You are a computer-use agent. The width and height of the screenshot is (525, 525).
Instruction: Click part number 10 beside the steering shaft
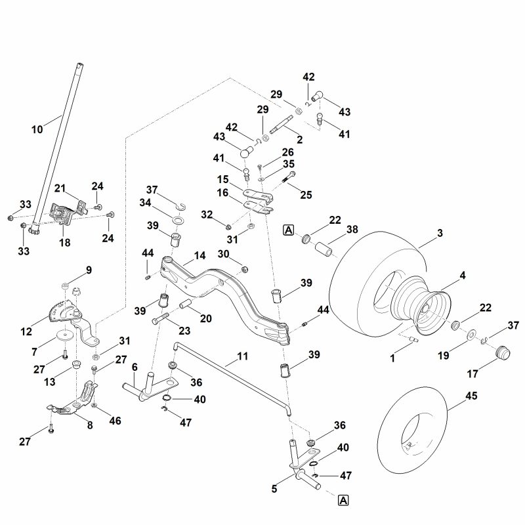coord(37,130)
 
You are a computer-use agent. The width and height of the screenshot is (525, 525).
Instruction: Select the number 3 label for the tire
coord(440,233)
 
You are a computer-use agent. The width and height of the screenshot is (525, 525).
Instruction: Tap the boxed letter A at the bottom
coord(344,501)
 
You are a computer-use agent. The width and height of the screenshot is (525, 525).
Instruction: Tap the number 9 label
coord(89,270)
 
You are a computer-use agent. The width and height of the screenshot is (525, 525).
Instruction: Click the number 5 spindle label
coord(274,488)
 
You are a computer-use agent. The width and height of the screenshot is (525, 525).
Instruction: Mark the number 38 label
coord(352,230)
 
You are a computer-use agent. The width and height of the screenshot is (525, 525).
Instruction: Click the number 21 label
coord(60,189)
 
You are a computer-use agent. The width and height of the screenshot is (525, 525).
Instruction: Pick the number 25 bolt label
coord(306,195)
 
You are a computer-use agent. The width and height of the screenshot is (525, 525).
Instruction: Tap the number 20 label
coord(205,319)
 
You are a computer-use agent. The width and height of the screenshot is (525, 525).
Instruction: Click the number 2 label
coord(299,139)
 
